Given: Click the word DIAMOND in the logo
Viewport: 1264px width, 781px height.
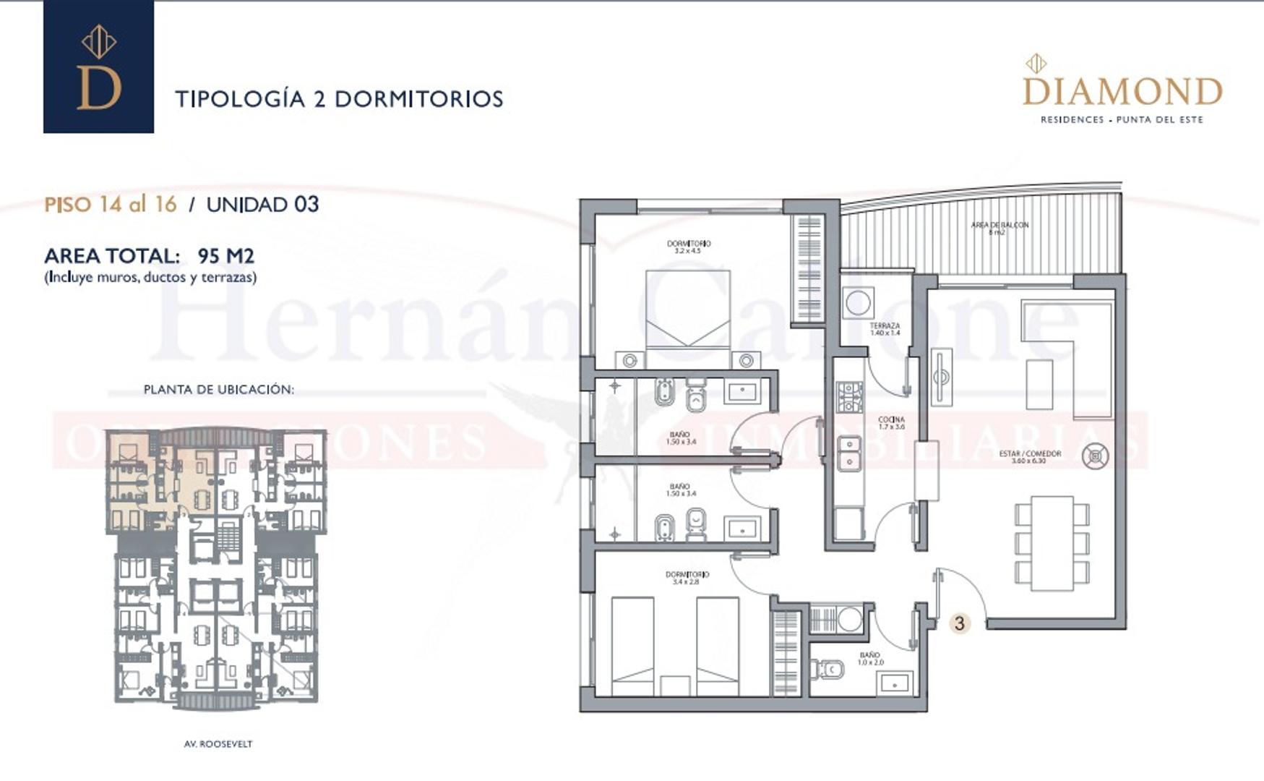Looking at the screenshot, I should pos(1122,92).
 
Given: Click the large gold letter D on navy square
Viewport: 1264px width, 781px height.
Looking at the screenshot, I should pos(99,87).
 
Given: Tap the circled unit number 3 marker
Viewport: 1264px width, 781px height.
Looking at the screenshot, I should pos(959,623).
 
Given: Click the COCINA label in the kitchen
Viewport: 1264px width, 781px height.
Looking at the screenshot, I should pos(891,423).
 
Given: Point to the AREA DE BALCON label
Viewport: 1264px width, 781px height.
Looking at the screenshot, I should pos(999,228).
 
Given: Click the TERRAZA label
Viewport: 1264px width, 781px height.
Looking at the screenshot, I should pos(885,329).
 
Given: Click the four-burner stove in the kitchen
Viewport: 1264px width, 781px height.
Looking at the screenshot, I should pos(849,397).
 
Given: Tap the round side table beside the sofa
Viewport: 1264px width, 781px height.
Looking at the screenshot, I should pos(1095,456).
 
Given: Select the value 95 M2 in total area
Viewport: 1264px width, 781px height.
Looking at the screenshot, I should pos(225,256).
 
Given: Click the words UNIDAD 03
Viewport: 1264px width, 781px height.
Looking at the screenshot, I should pos(262,205).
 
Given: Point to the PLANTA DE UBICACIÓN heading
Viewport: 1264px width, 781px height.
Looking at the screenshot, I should pos(218,390).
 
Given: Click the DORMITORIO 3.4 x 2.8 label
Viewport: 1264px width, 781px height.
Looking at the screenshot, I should pos(687,578).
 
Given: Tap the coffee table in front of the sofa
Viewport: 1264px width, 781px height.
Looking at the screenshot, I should pos(1039,384).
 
